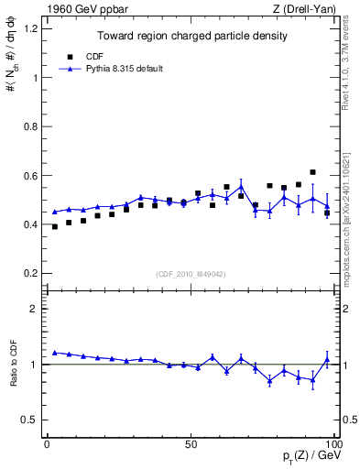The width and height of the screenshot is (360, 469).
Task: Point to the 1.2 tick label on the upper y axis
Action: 30,28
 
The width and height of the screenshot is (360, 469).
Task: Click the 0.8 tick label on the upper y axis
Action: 30,126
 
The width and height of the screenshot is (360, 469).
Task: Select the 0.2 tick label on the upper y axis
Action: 30,273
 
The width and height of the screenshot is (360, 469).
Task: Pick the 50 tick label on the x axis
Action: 191,444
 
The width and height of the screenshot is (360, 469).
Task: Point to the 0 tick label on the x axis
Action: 47,444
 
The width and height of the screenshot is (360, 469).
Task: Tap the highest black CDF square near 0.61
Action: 313,172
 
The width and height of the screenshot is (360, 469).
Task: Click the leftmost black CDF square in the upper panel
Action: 55,226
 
